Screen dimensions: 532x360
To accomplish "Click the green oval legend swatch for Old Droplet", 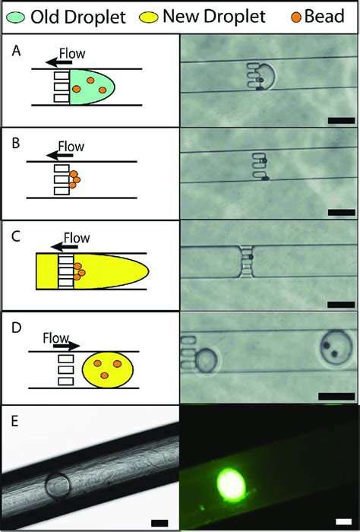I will point(14,16).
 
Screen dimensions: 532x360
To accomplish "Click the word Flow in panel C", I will point(76,238).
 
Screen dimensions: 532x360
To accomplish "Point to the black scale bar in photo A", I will point(341,119).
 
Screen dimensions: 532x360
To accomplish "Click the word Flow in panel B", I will point(71,145).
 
